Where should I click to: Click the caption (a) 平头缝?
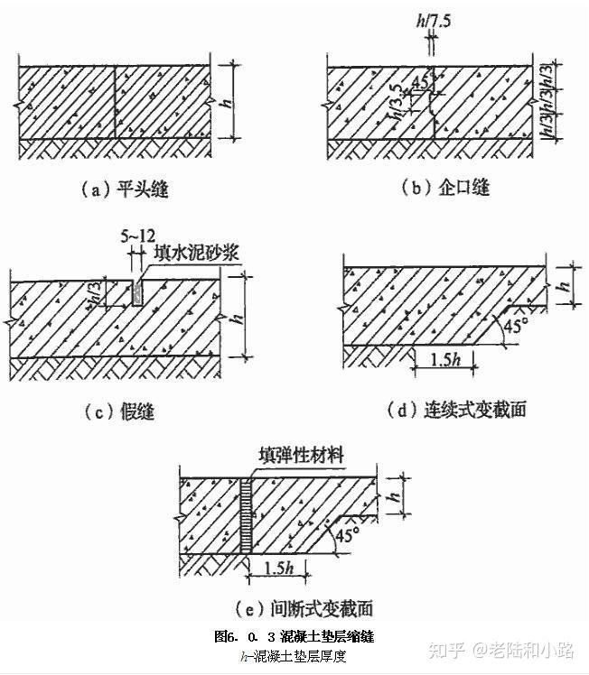(x=125, y=190)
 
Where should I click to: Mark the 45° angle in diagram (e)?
(x=348, y=535)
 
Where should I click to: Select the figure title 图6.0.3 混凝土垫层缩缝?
(x=294, y=637)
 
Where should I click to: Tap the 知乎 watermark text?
(x=445, y=649)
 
